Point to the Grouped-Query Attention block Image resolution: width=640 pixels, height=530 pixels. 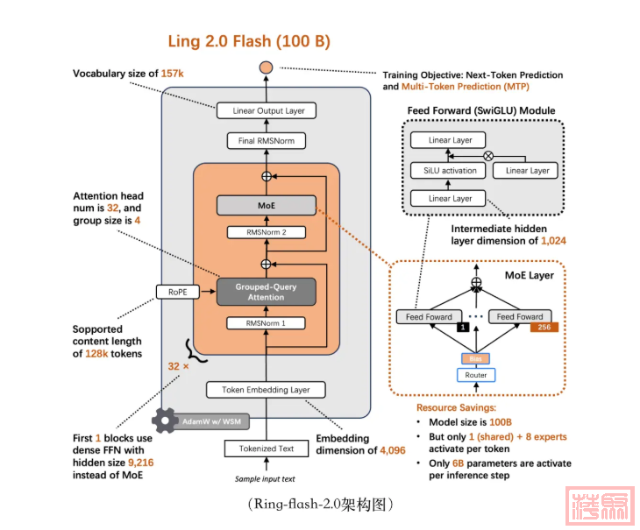pyautogui.click(x=266, y=292)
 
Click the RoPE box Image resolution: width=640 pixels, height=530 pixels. pyautogui.click(x=174, y=292)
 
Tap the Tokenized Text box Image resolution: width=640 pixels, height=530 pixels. pyautogui.click(x=266, y=449)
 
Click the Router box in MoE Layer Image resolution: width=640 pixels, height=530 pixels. pyautogui.click(x=476, y=375)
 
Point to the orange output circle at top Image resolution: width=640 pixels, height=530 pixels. pyautogui.click(x=267, y=68)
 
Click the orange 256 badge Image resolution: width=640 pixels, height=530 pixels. pyautogui.click(x=544, y=327)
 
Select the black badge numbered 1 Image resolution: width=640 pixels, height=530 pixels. pyautogui.click(x=462, y=327)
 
